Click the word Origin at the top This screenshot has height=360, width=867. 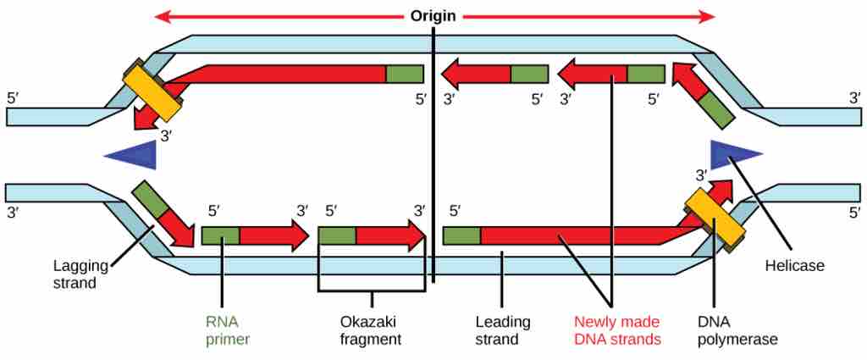[433, 16]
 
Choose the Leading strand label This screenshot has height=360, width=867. [502, 330]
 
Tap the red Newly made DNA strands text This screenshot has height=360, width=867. [616, 330]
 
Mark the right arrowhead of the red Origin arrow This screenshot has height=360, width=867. [707, 16]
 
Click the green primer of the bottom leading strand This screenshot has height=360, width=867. [461, 235]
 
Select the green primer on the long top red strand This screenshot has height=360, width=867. [405, 74]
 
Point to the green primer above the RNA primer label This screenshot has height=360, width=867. [220, 235]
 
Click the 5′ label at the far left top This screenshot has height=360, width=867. [13, 97]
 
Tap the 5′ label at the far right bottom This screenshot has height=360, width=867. [854, 212]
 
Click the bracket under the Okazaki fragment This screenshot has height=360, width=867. [371, 292]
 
